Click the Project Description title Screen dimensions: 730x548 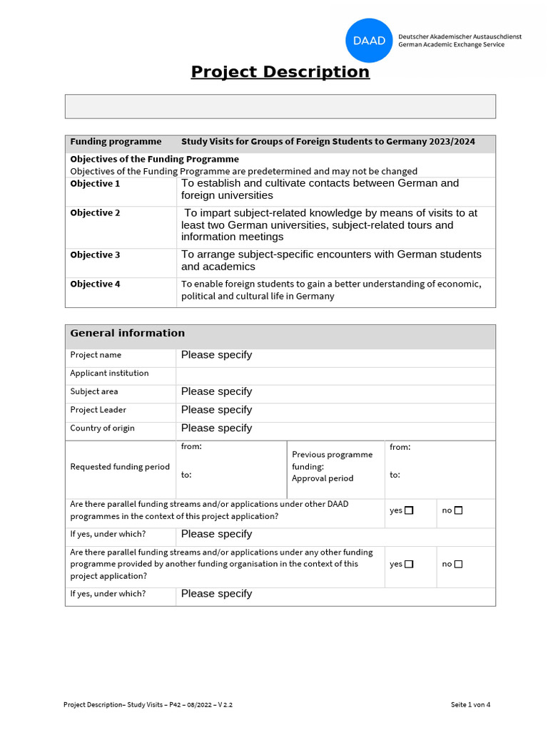[x=280, y=72]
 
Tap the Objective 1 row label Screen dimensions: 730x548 [x=95, y=184]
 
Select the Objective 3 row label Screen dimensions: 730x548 [x=95, y=255]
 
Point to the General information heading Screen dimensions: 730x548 [x=127, y=333]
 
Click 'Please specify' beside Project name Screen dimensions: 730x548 [x=216, y=355]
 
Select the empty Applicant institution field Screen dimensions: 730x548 [x=335, y=374]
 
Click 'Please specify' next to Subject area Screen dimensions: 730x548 [x=216, y=391]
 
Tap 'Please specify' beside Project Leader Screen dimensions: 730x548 [x=216, y=410]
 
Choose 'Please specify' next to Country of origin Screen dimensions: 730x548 [x=216, y=428]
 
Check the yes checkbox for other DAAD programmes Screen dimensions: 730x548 [x=409, y=510]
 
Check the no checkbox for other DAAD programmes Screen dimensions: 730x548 [x=458, y=510]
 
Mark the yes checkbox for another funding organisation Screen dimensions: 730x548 [x=409, y=564]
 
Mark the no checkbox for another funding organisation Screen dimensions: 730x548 [x=458, y=564]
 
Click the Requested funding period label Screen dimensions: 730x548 [x=120, y=467]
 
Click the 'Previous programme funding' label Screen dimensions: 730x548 [x=332, y=461]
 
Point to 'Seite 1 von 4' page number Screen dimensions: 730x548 [x=470, y=705]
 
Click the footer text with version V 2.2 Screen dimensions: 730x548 [x=148, y=705]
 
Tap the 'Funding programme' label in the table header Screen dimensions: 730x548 [x=116, y=142]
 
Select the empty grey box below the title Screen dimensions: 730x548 [x=280, y=106]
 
